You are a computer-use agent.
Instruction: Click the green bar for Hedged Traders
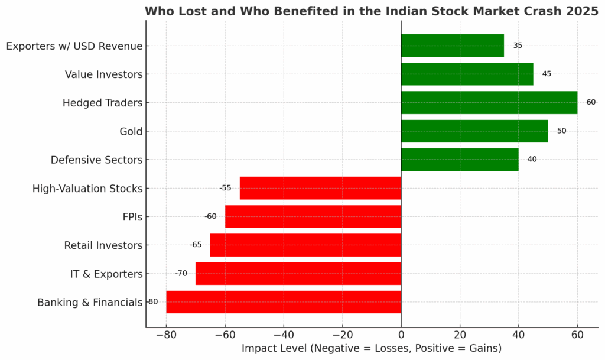[489, 102]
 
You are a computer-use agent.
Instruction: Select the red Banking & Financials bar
[284, 302]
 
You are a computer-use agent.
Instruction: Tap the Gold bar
[474, 131]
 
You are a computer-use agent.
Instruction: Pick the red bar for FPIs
[313, 216]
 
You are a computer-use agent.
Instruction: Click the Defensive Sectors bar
[460, 160]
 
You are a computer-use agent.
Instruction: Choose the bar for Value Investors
[467, 74]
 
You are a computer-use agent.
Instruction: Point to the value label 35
[518, 46]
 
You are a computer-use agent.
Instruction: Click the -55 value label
[225, 188]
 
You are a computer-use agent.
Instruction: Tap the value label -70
[181, 273]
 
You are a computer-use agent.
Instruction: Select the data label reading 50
[561, 131]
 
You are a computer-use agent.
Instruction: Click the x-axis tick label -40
[284, 335]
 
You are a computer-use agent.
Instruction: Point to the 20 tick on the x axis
[460, 335]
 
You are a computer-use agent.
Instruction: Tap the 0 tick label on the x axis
[401, 335]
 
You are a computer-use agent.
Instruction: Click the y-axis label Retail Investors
[103, 245]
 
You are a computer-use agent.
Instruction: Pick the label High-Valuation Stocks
[87, 189]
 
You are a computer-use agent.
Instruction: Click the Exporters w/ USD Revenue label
[74, 46]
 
